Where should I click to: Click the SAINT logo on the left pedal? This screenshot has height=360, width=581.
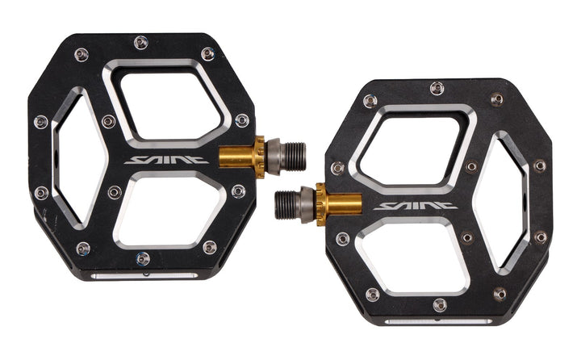166,160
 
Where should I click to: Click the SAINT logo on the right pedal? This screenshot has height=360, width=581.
416,206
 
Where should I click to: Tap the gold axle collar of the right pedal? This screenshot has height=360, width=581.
339,204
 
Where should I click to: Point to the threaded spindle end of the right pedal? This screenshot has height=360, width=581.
286,205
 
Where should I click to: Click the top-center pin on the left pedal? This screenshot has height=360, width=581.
141,42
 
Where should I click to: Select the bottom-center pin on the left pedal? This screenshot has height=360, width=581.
143,258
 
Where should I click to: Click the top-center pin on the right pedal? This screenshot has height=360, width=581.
437,88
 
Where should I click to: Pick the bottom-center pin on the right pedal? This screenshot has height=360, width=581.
440,305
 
